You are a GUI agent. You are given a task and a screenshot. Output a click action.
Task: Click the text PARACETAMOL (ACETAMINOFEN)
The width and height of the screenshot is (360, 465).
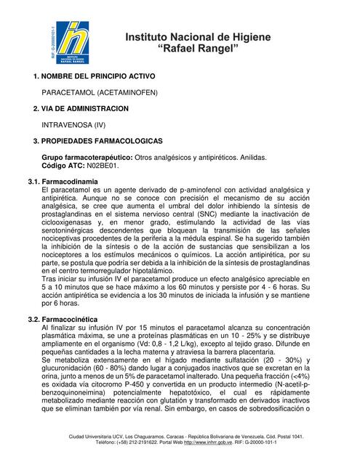coord(99,93)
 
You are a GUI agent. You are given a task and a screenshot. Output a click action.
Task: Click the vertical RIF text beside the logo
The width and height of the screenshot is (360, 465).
coord(54,41)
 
